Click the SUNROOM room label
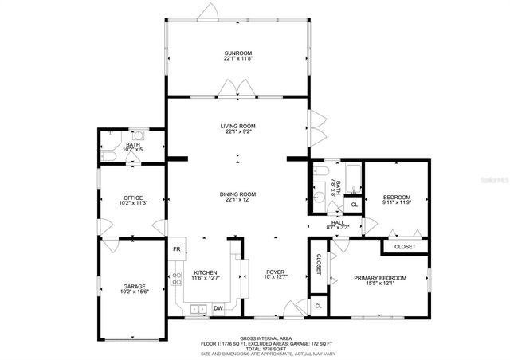coord(238,53)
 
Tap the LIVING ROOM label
coord(238,126)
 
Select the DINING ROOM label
coord(238,194)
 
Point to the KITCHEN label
coord(205,273)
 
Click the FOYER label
coord(275,272)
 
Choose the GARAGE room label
coord(134,286)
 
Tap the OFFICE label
coord(133,198)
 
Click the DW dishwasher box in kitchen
coord(218,308)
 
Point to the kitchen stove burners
coord(175,279)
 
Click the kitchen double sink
coord(198,308)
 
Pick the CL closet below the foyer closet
coord(318,305)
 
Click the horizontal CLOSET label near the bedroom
coord(405,247)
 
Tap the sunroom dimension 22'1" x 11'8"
coord(238,58)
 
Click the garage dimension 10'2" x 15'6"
coord(134,292)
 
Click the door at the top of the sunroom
coord(210,12)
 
